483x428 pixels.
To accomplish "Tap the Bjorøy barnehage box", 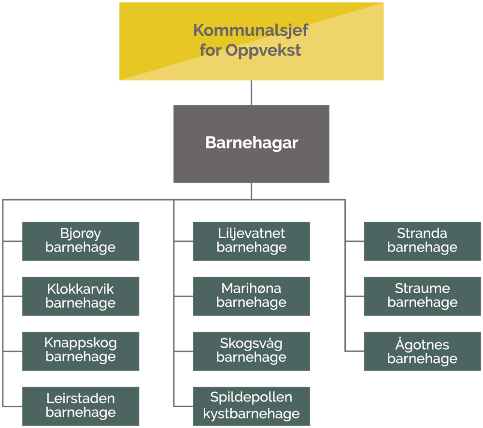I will (x=81, y=241).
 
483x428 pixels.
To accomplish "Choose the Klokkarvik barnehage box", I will (x=81, y=296).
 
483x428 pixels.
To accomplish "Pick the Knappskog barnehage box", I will (x=81, y=351).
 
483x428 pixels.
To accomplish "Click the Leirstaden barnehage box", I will (x=81, y=406).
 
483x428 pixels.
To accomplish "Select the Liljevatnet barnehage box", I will (x=252, y=241).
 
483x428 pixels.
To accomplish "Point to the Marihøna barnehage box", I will (x=252, y=296).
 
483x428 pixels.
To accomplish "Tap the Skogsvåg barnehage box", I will (x=252, y=351).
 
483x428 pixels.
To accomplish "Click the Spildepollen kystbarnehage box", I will (x=252, y=406).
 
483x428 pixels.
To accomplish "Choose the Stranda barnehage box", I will (x=422, y=241).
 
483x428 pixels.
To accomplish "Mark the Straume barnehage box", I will (x=422, y=296).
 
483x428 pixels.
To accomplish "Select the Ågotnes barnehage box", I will (x=422, y=351).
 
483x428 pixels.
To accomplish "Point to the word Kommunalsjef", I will (x=251, y=30).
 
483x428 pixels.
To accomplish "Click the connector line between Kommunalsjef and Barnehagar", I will (x=252, y=93).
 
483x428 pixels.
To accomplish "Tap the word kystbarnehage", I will (x=251, y=414).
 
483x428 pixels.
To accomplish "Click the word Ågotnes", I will (x=422, y=345).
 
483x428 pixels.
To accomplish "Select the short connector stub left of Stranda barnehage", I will (x=355, y=241).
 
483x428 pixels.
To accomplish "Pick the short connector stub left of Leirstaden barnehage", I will (x=13, y=406).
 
